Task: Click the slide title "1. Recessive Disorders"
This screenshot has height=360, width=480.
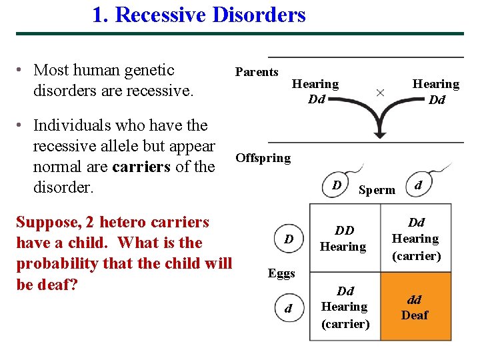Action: pyautogui.click(x=199, y=15)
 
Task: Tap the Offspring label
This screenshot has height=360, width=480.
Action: pyautogui.click(x=263, y=158)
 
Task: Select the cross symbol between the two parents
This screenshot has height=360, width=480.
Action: pyautogui.click(x=380, y=92)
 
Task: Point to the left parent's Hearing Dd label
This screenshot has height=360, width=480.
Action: pyautogui.click(x=315, y=92)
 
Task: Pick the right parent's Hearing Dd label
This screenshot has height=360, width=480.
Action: pyautogui.click(x=436, y=92)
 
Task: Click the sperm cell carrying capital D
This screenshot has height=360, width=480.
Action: pyautogui.click(x=338, y=184)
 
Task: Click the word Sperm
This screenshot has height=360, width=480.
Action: pyautogui.click(x=377, y=190)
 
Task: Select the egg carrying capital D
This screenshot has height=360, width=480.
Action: pyautogui.click(x=288, y=238)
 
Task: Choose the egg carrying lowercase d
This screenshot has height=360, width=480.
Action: pyautogui.click(x=288, y=309)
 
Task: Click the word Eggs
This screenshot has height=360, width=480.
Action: pyautogui.click(x=281, y=273)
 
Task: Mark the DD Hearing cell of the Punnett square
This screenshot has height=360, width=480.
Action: pyautogui.click(x=344, y=239)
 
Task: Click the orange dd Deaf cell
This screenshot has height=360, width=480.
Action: pyautogui.click(x=415, y=307)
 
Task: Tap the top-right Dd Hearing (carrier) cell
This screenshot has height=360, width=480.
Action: pyautogui.click(x=415, y=239)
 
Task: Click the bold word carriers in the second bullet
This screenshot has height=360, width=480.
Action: pyautogui.click(x=141, y=167)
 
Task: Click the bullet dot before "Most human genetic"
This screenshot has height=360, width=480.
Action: pyautogui.click(x=21, y=71)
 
